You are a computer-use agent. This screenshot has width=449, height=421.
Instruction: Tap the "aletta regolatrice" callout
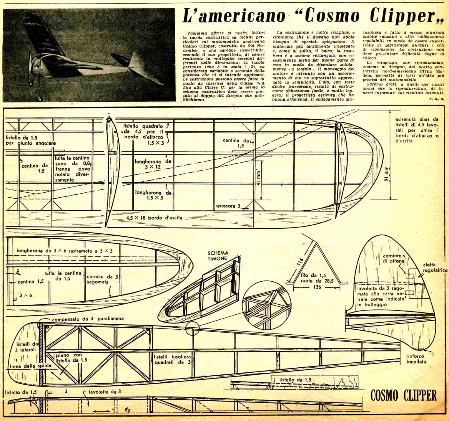click(x=435, y=268)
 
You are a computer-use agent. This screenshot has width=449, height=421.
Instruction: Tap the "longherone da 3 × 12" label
click(x=152, y=165)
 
